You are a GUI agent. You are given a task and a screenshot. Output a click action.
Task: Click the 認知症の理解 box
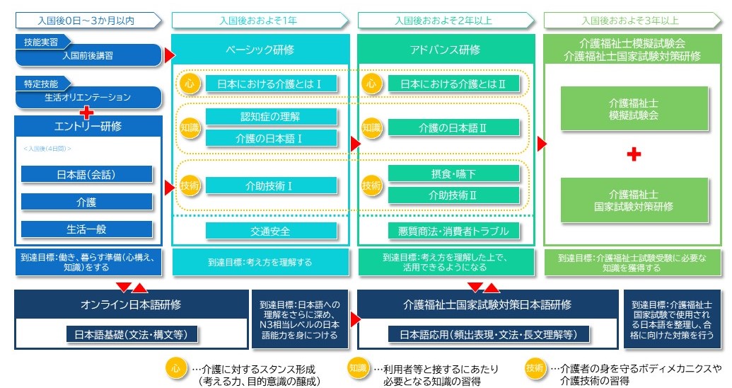pos(271,116)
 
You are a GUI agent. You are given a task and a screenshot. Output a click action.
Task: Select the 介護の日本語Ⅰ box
pos(271,138)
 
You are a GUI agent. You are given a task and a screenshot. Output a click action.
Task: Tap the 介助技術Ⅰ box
pos(271,186)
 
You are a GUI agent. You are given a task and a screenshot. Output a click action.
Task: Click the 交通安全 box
pos(271,230)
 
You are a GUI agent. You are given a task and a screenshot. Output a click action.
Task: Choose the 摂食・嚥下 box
pos(453,173)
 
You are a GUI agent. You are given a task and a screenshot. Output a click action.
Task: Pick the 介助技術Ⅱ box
pos(453,194)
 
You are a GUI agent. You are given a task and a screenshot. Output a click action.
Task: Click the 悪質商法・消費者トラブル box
pos(453,230)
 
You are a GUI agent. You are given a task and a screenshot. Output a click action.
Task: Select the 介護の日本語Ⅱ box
pos(453,128)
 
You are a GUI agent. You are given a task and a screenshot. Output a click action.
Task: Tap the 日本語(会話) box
pos(87,174)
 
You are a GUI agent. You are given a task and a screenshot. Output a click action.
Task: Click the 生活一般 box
pos(87,229)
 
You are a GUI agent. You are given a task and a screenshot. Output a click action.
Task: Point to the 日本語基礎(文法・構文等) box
pos(131,334)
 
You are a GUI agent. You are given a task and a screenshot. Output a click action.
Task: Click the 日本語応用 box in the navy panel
pos(487,334)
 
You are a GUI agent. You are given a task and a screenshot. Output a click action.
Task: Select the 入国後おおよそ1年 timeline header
pos(259,21)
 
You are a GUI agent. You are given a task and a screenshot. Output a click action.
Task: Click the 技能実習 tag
pos(42,41)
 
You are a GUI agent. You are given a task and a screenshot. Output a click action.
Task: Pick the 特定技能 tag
pos(42,84)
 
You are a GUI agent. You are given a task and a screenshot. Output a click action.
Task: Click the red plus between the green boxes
pos(634,153)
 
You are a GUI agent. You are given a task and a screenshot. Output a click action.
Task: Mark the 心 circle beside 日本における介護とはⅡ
pos(371,84)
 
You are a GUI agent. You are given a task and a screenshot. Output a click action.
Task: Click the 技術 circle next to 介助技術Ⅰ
pos(190,186)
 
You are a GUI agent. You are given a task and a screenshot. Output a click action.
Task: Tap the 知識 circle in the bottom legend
pos(359,368)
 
